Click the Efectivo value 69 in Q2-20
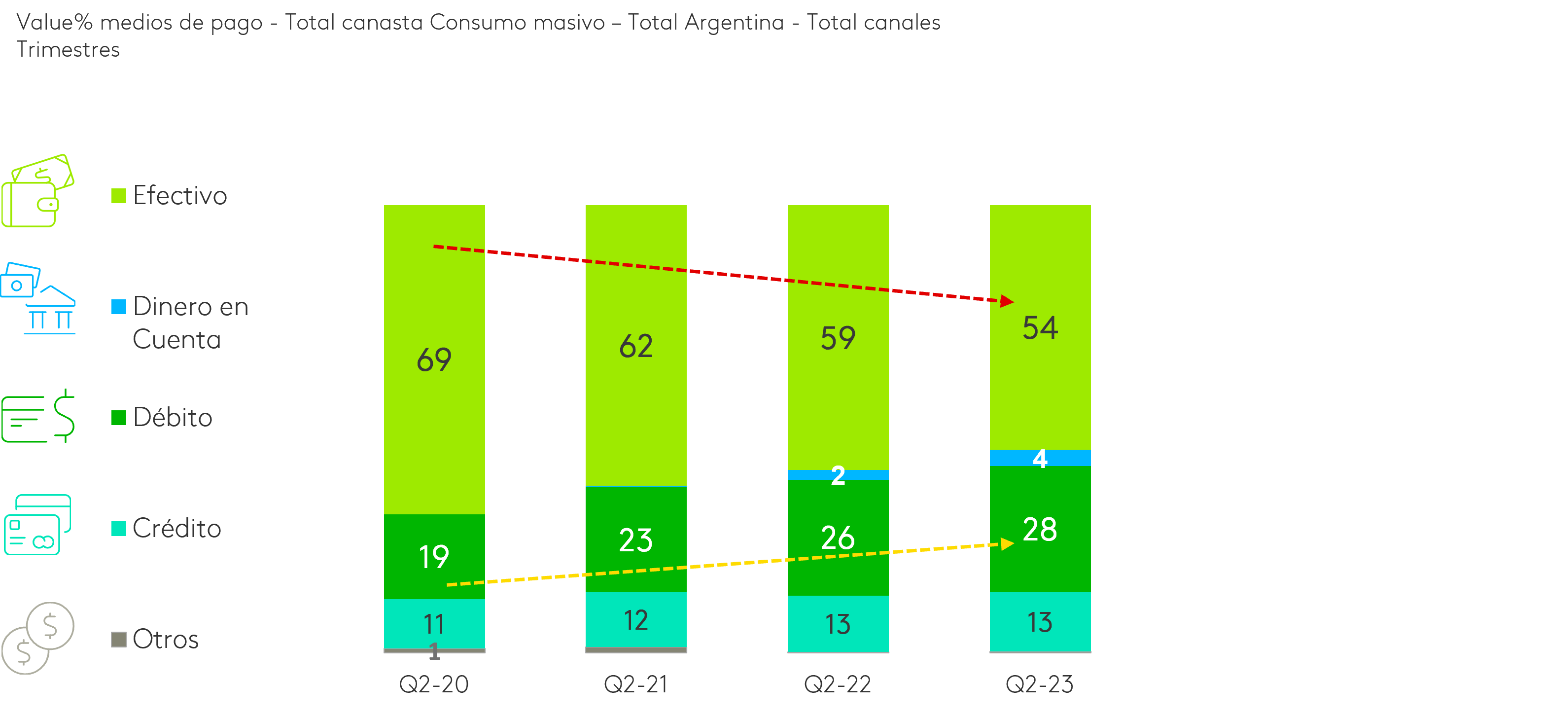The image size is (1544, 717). (x=434, y=359)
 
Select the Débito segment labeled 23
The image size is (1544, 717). (x=635, y=539)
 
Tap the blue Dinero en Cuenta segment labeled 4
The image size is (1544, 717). (x=1040, y=458)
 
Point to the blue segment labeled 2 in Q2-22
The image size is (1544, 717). (x=838, y=475)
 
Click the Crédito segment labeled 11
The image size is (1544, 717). (x=434, y=623)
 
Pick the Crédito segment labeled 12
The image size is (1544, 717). (x=635, y=620)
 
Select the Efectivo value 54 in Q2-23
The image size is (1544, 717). (x=1040, y=328)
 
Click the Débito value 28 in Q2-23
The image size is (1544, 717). (x=1040, y=529)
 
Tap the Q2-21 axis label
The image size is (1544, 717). (x=635, y=684)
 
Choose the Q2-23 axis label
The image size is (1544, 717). (x=1039, y=684)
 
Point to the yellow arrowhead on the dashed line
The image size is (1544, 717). (x=1007, y=544)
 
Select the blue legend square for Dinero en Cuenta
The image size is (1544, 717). (x=119, y=307)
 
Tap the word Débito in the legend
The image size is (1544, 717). (x=173, y=417)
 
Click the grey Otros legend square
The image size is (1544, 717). (x=119, y=640)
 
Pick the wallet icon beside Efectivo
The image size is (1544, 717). (x=37, y=191)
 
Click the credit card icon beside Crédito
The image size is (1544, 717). (x=37, y=525)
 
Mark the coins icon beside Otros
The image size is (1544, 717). (x=37, y=638)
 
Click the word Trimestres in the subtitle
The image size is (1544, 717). (x=68, y=49)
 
